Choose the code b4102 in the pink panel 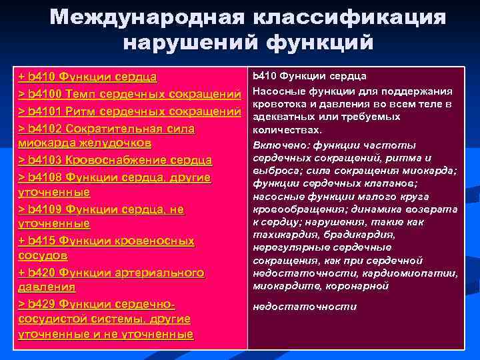47,127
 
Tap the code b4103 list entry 47,160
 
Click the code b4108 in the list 47,177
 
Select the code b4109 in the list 47,209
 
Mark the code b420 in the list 44,273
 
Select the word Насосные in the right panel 277,91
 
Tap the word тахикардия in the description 283,235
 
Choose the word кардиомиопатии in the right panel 416,273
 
